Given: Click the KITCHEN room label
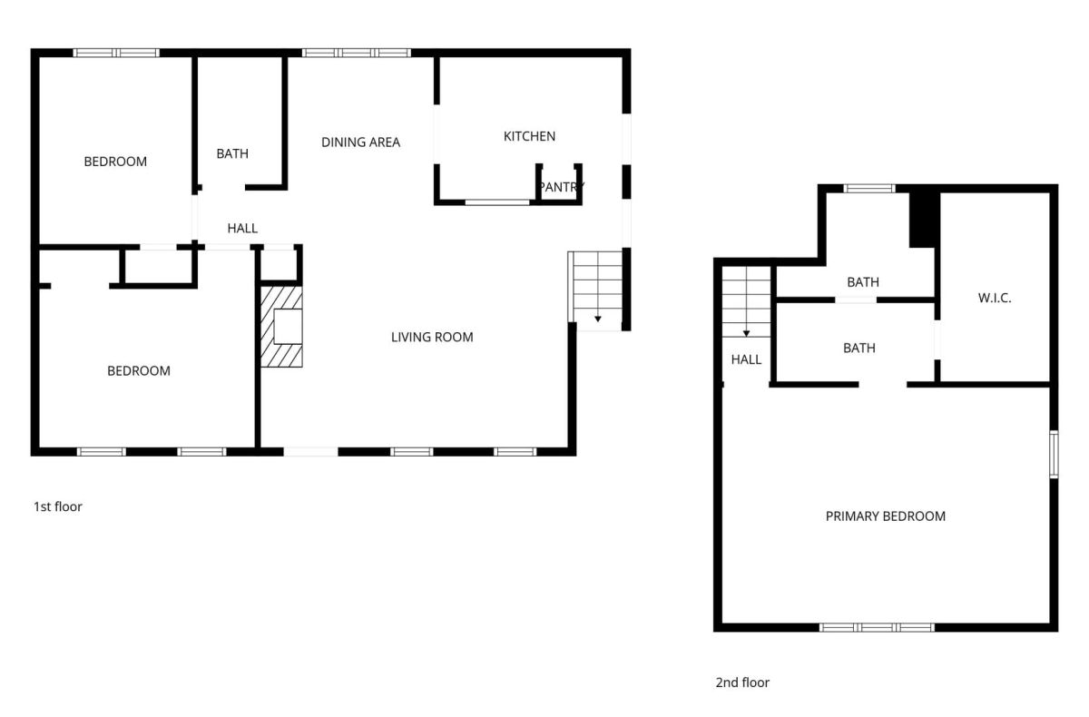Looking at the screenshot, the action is [x=529, y=137].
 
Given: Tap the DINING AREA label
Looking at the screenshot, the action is [x=361, y=142].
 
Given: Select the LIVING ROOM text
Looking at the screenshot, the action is [x=432, y=338].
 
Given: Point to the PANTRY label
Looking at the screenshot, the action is [x=562, y=187].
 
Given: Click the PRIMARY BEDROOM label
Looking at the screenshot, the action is [x=886, y=516].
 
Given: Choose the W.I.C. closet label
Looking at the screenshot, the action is [x=995, y=298].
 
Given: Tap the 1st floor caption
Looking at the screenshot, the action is [x=58, y=506].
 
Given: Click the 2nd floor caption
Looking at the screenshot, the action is [x=742, y=683].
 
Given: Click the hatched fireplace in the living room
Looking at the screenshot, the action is [x=281, y=327].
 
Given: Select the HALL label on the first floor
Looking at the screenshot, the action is [x=242, y=229].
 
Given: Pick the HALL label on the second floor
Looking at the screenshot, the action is [x=746, y=359].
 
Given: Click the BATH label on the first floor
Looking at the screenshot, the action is [x=232, y=154].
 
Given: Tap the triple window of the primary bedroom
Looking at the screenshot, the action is [x=877, y=627].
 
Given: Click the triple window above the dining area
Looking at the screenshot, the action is [x=357, y=53].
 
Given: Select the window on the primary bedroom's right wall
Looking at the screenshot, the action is [x=1054, y=454].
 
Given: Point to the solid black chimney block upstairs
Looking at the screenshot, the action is [x=924, y=219].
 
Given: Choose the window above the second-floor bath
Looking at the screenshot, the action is [x=869, y=189].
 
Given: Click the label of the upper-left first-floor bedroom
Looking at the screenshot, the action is [x=115, y=162].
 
